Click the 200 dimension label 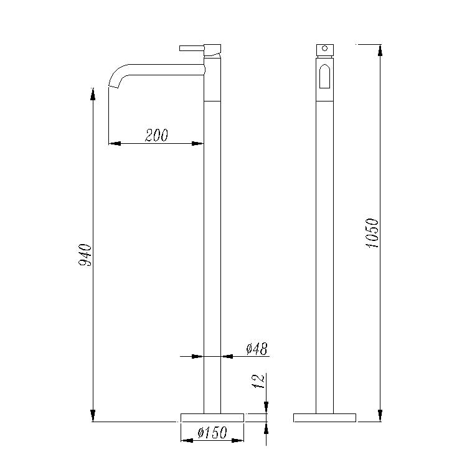click(156, 135)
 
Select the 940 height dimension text click(85, 256)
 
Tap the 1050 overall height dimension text click(372, 233)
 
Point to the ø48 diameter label click(257, 349)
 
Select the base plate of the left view click(212, 418)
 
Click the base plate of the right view click(324, 418)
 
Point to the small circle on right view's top click(324, 48)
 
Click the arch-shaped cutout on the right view click(324, 78)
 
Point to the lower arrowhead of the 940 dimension click(93, 415)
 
